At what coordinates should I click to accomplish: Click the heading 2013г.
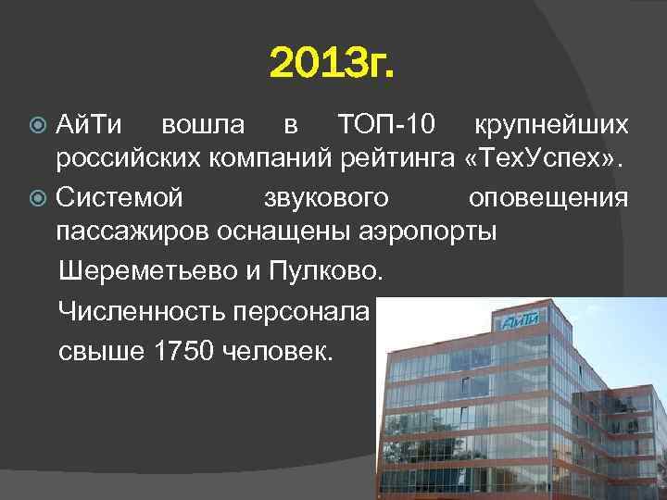click(x=333, y=66)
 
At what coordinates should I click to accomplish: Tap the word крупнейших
click(x=551, y=123)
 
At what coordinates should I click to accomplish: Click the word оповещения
click(x=548, y=197)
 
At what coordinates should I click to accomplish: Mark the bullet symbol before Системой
click(x=38, y=198)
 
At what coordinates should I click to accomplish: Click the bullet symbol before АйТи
click(x=38, y=124)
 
